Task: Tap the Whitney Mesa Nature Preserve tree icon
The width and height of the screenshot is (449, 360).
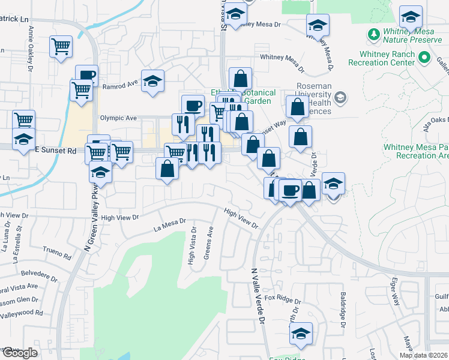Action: [x=375, y=33]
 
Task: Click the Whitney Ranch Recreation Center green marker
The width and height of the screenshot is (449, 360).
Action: [x=425, y=58]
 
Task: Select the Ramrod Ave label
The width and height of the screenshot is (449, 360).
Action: [x=120, y=85]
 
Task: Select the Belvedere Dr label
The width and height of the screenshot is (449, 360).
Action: [x=40, y=279]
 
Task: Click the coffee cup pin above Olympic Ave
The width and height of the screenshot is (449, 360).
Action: [x=192, y=105]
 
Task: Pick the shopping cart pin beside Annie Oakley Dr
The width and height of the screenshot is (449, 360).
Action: [x=61, y=46]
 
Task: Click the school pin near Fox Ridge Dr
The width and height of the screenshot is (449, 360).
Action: [x=301, y=334]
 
